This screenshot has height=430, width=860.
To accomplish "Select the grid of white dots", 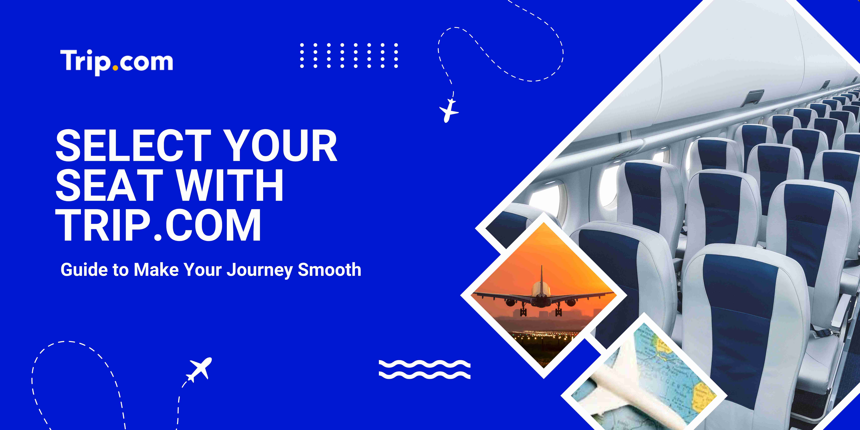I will pos(349,55).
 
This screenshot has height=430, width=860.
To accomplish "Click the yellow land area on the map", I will pos(704,396).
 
